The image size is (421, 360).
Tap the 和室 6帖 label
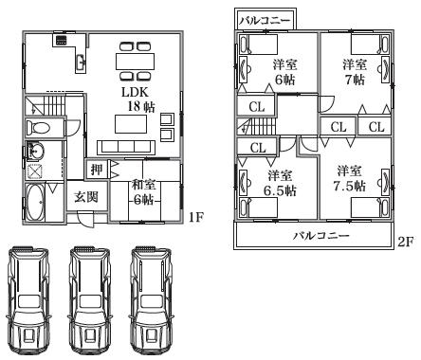pos(142,192)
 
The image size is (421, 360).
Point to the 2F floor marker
pos(405,242)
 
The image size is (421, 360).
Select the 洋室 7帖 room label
pos(355,72)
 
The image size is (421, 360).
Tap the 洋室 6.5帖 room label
pos(278,183)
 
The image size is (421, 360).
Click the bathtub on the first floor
pos(36,203)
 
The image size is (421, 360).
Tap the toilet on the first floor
pos(42,127)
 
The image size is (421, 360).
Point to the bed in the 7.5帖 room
pos(383,181)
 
